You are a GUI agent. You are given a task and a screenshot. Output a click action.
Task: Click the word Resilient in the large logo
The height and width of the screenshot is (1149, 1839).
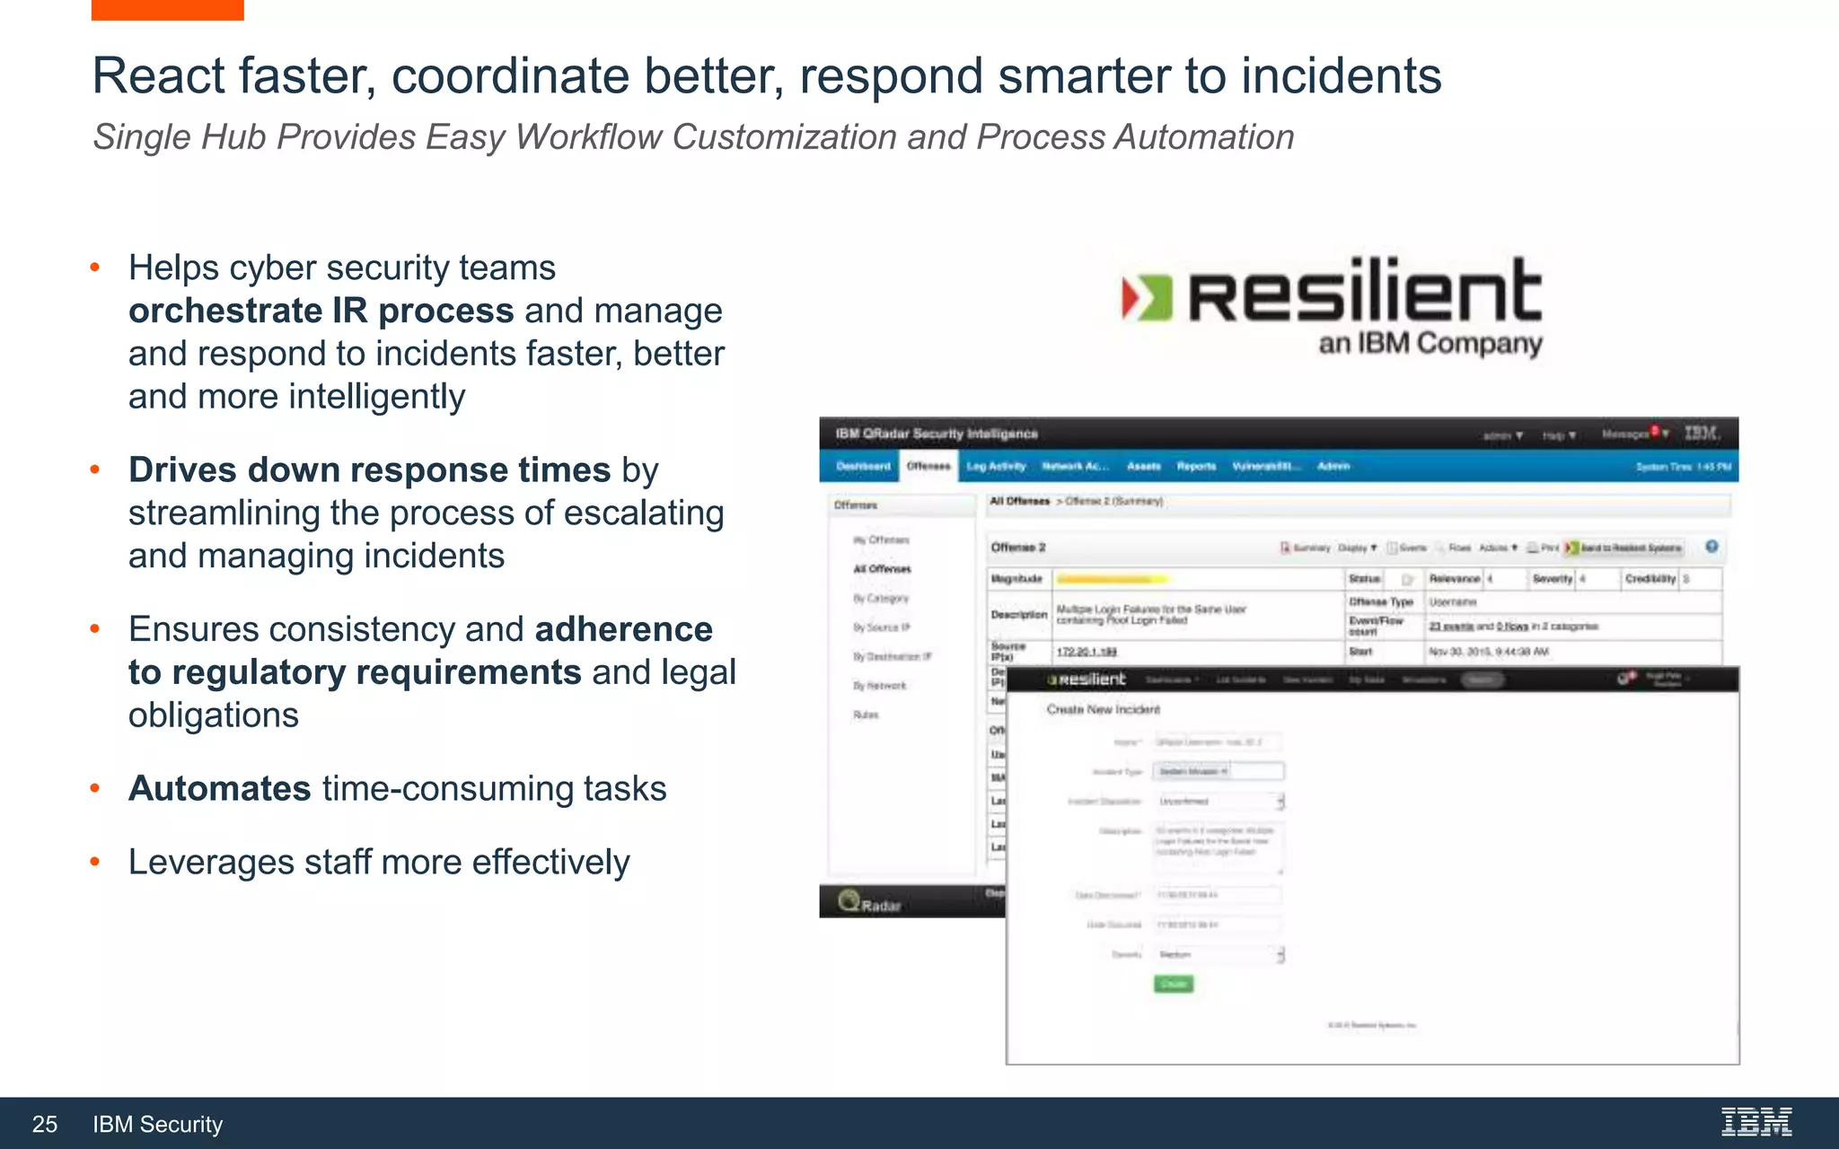tap(1365, 292)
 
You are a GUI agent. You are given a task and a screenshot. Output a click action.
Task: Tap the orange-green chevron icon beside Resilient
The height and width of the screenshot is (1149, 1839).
tap(1147, 298)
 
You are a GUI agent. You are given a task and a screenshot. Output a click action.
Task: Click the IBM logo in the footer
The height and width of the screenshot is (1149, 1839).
tap(1755, 1122)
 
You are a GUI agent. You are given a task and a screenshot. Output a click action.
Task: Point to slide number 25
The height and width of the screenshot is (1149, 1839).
tap(45, 1124)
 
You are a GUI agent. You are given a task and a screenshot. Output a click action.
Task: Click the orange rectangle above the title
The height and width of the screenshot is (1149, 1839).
tap(167, 10)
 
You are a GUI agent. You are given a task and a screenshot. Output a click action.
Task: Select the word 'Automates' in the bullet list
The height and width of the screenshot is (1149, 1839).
tap(220, 788)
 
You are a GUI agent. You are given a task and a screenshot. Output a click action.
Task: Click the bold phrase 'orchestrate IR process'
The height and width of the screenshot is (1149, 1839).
tap(321, 311)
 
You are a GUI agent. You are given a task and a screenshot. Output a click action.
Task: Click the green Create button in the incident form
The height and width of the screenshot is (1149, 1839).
tap(1174, 984)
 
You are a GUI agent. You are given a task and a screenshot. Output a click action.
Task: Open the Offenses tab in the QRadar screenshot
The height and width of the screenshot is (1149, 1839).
tap(928, 466)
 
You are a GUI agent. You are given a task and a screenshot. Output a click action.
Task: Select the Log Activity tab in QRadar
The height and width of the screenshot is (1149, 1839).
tap(996, 466)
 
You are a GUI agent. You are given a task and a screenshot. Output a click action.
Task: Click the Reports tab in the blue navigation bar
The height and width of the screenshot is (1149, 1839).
tap(1196, 466)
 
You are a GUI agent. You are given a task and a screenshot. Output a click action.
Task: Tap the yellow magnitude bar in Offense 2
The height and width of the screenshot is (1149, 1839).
tap(1111, 579)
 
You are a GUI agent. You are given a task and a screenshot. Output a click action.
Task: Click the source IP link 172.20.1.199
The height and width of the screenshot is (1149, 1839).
tap(1086, 651)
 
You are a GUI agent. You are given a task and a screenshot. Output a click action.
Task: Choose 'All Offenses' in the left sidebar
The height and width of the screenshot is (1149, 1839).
tap(882, 569)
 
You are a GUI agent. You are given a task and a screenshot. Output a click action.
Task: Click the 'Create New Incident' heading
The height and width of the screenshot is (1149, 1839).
tap(1103, 709)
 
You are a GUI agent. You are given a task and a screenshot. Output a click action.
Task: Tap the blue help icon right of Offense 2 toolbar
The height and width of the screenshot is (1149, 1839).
tap(1711, 547)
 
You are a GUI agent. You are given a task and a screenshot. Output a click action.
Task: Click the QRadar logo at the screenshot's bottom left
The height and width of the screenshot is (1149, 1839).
tap(869, 902)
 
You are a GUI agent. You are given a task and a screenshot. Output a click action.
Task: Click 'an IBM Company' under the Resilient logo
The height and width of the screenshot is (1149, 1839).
tap(1430, 344)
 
